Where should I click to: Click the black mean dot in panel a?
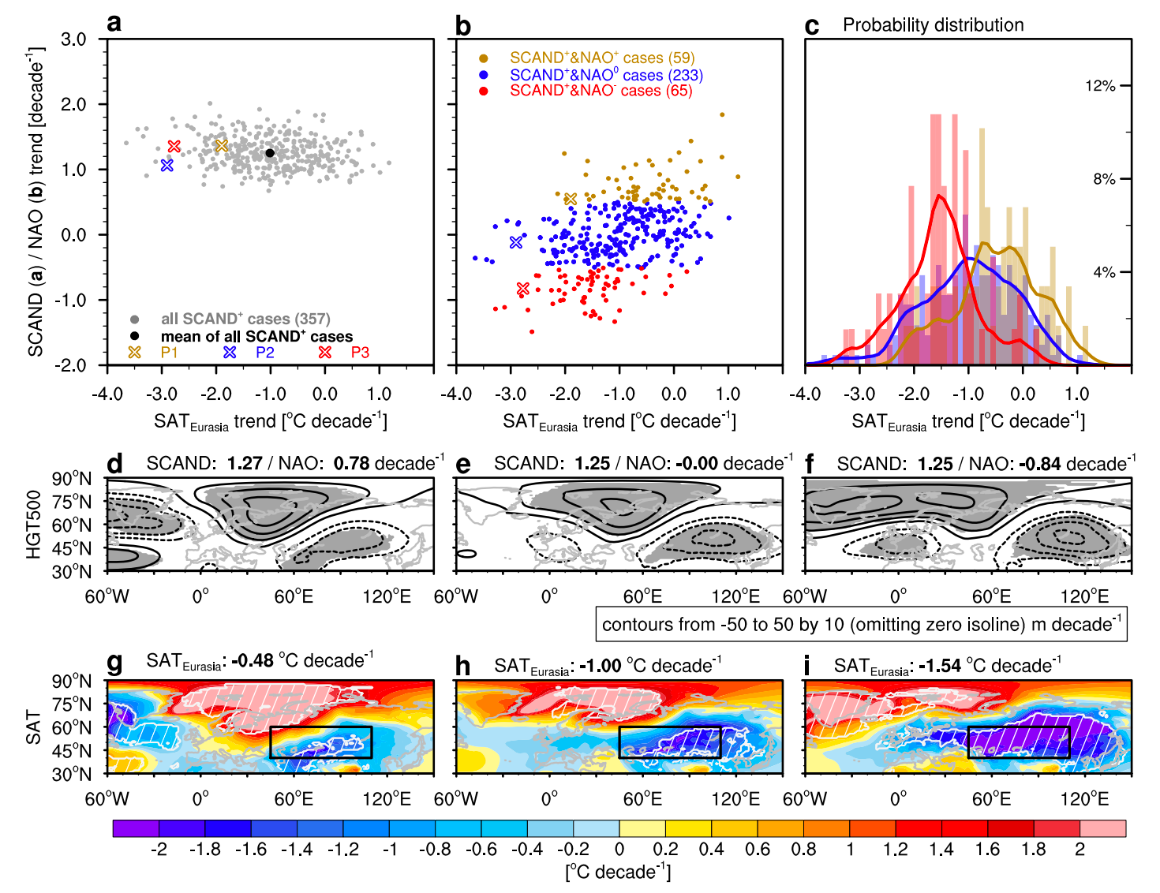[270, 153]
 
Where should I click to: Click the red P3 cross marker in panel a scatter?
[174, 147]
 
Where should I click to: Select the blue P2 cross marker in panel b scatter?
[516, 242]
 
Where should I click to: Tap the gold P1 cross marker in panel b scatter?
[571, 199]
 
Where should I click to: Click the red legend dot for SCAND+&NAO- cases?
[484, 92]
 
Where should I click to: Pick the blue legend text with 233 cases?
[605, 75]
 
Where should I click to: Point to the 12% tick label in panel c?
[1100, 86]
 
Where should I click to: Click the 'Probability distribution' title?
[933, 25]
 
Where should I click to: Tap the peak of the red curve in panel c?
[939, 196]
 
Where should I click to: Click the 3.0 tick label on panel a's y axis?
[73, 39]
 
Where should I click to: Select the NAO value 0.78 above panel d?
[352, 464]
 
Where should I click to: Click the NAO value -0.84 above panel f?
[1040, 464]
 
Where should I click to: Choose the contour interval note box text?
[861, 625]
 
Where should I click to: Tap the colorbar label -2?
[159, 850]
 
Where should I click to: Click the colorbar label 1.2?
[895, 850]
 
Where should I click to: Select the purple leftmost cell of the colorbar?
[136, 828]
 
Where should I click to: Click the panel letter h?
[463, 667]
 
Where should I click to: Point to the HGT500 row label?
[33, 525]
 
